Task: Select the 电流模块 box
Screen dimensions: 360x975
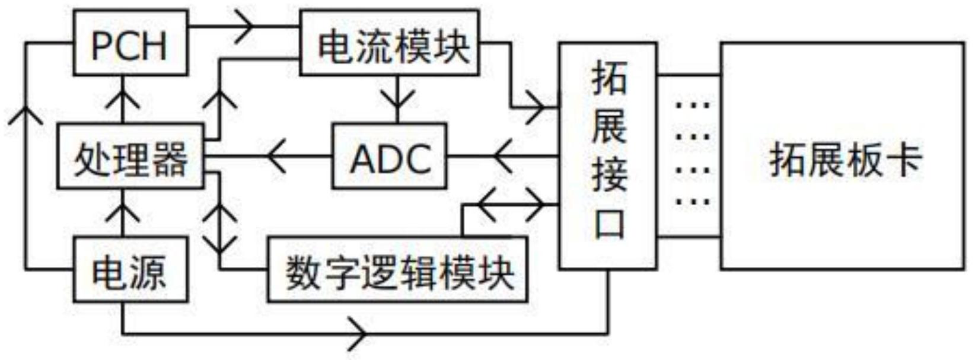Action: (390, 43)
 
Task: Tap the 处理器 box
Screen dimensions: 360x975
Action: (130, 157)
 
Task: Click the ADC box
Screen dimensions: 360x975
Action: (389, 157)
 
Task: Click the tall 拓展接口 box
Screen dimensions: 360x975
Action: (608, 155)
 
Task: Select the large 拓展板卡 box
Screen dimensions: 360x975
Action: (842, 155)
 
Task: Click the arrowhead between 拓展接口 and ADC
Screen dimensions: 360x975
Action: (503, 157)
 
